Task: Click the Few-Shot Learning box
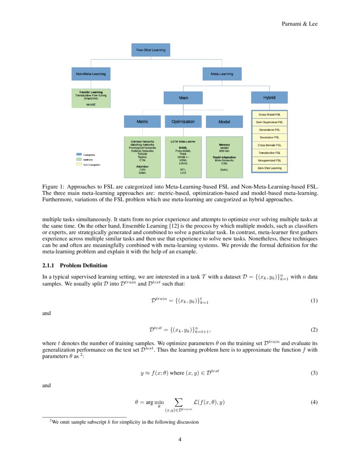point(150,50)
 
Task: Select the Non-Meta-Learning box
point(91,74)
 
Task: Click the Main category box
point(183,98)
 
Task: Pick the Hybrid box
point(269,97)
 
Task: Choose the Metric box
point(142,122)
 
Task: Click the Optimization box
point(183,122)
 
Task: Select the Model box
point(224,122)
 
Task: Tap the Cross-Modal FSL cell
point(269,114)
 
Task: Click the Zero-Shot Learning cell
point(269,168)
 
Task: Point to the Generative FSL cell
point(269,137)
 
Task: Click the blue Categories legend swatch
point(78,155)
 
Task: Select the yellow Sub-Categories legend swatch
point(78,164)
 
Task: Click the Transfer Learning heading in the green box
point(91,92)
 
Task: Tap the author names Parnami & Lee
point(299,24)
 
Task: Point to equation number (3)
point(314,373)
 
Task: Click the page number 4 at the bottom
point(180,439)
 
